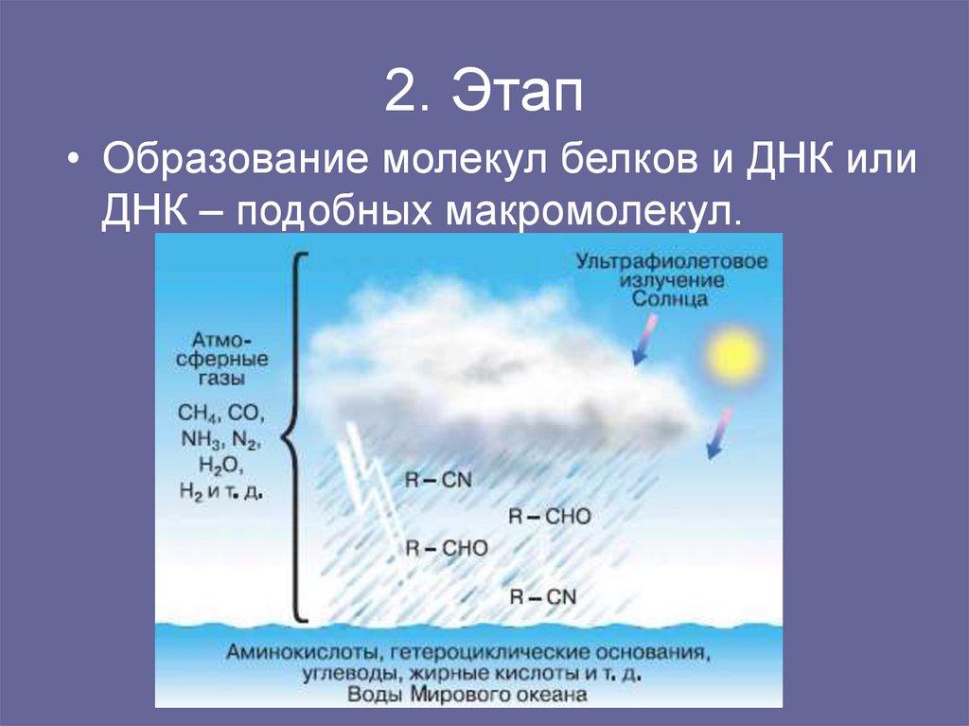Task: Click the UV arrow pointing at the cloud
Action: click(645, 341)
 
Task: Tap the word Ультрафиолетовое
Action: click(673, 262)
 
